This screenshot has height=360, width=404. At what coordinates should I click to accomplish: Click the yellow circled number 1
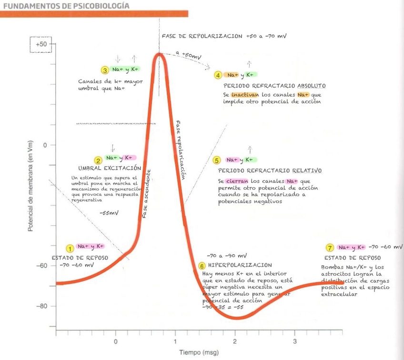70,248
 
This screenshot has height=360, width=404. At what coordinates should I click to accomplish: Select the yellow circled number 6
202,266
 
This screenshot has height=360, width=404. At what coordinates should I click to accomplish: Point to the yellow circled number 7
330,248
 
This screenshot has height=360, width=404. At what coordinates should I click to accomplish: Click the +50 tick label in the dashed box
40,44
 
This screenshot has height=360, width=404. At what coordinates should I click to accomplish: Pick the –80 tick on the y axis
43,306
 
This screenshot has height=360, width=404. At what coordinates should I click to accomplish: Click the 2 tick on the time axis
235,341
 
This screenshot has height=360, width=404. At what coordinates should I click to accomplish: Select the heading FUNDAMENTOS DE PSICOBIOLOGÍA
66,6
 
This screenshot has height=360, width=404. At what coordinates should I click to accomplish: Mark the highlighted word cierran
237,181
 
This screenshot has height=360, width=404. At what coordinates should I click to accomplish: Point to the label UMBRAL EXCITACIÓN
110,168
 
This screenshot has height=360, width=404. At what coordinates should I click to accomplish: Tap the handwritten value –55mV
109,213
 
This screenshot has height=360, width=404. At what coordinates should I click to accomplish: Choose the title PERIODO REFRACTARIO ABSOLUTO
274,86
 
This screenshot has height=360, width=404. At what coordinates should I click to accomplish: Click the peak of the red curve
161,53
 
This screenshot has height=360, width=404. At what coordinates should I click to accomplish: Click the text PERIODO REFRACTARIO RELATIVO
270,170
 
